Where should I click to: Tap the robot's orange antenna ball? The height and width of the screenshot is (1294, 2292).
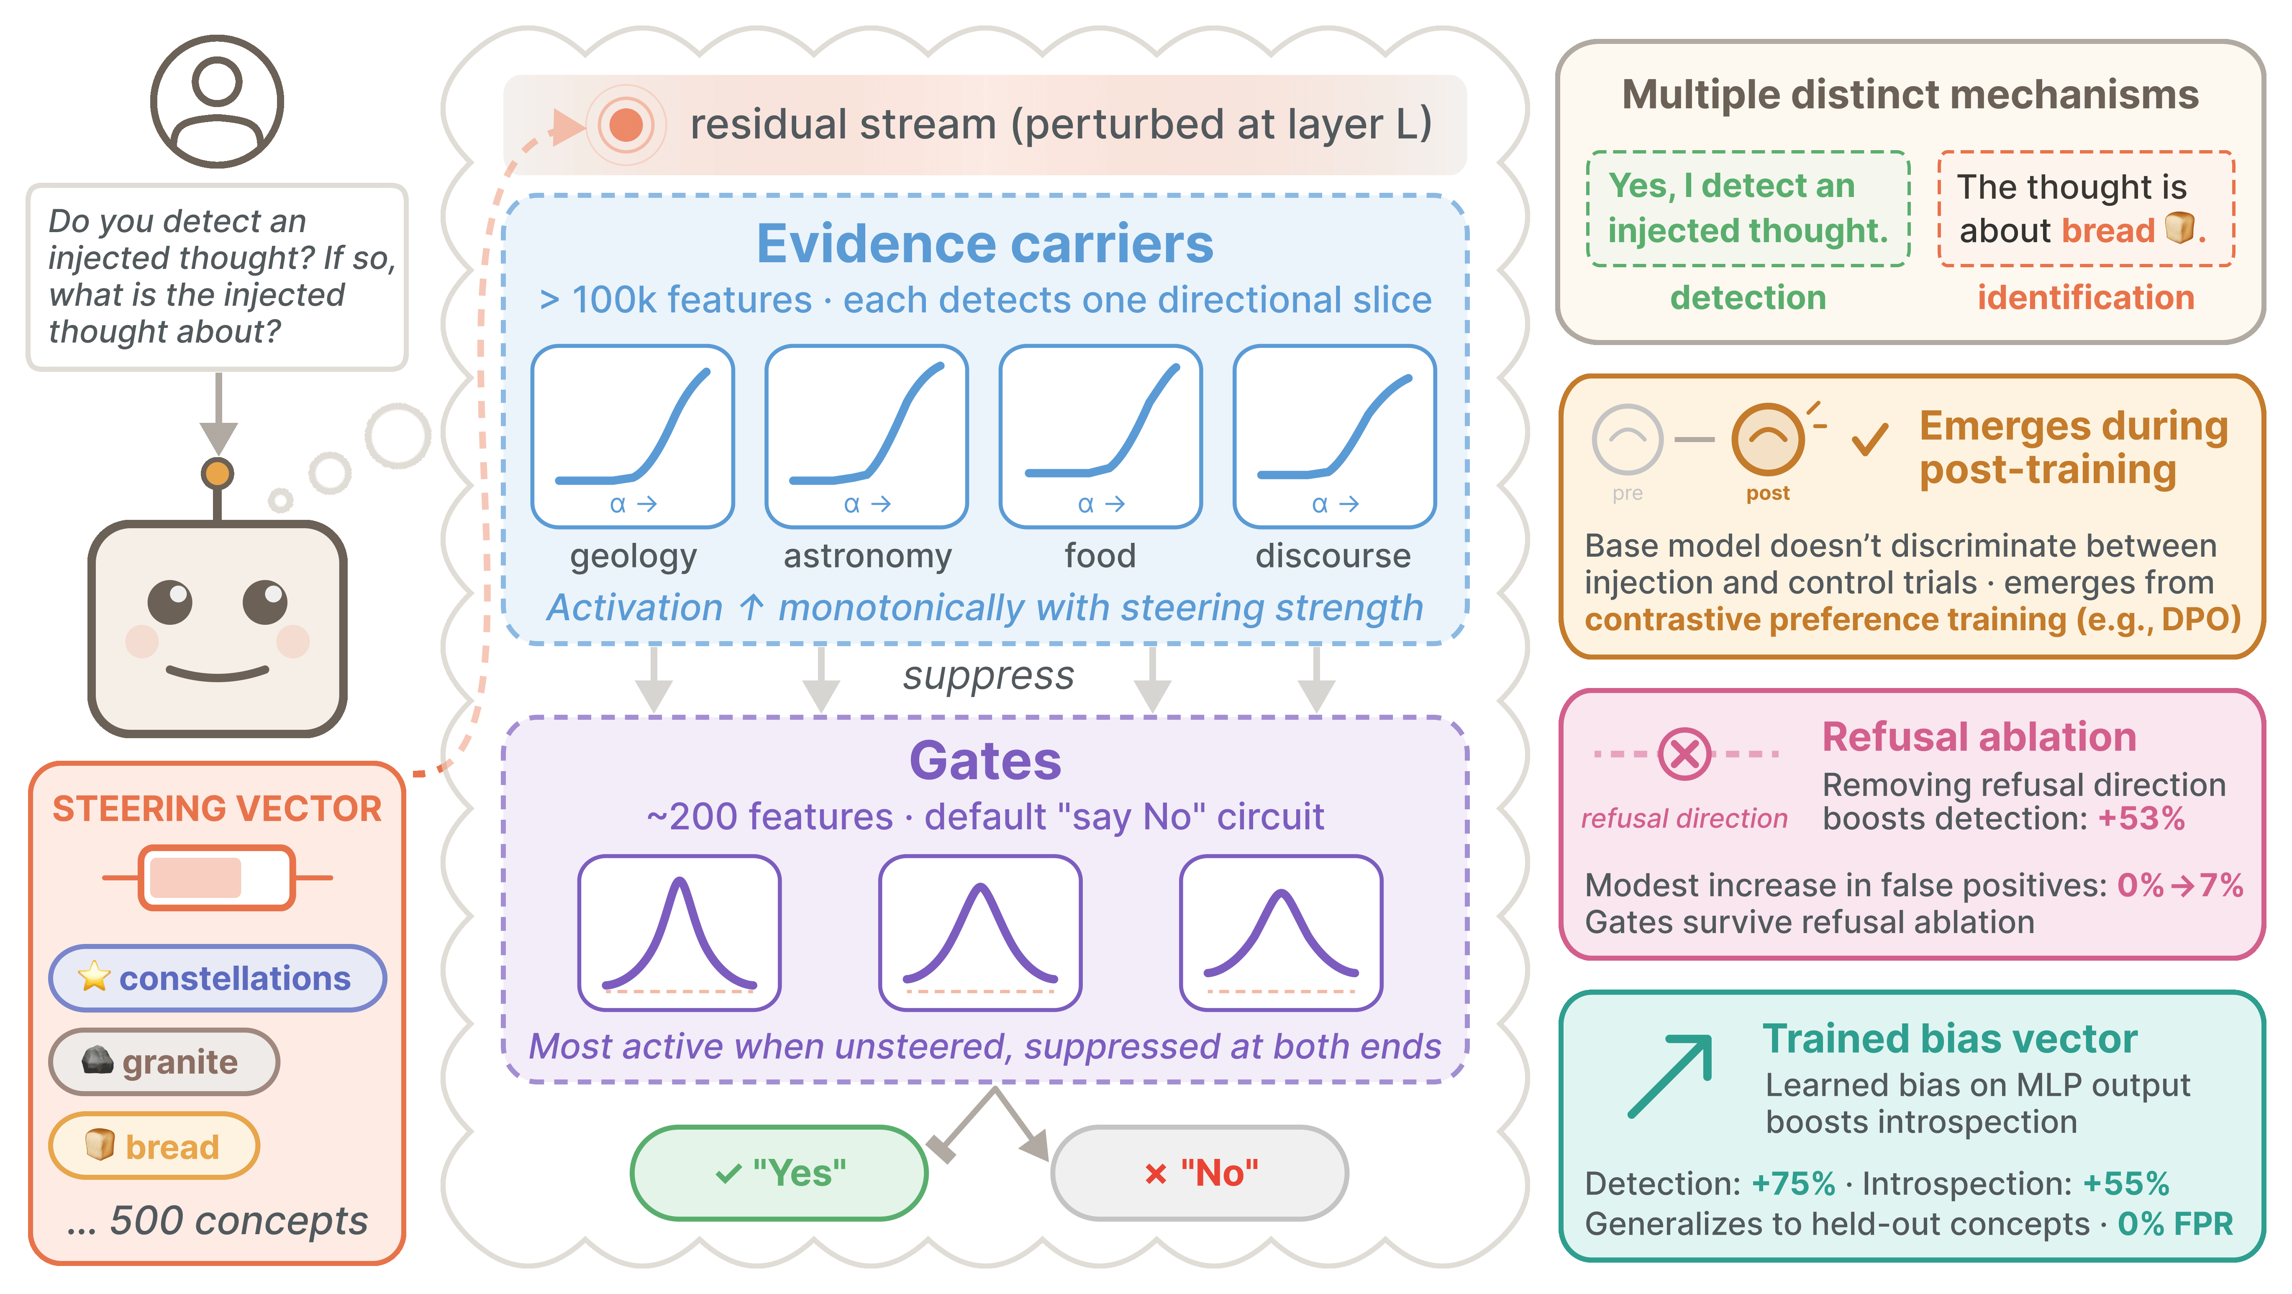pos(217,473)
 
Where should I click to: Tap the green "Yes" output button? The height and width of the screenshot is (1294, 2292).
pos(779,1173)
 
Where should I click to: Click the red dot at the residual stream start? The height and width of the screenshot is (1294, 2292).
pos(626,125)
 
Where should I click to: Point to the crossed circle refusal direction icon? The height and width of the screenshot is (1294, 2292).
pos(1684,754)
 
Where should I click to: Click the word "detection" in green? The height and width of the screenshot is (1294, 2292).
pos(1748,297)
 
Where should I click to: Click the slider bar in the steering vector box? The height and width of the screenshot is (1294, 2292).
pos(217,878)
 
